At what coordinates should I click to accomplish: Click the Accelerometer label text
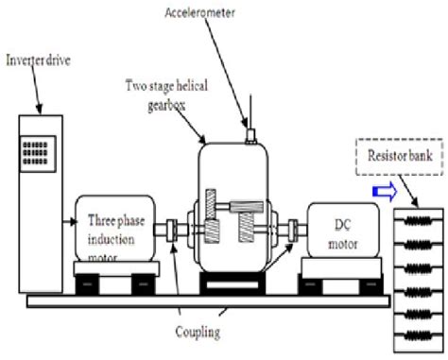[224, 13]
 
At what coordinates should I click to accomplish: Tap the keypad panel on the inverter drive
[39, 152]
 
